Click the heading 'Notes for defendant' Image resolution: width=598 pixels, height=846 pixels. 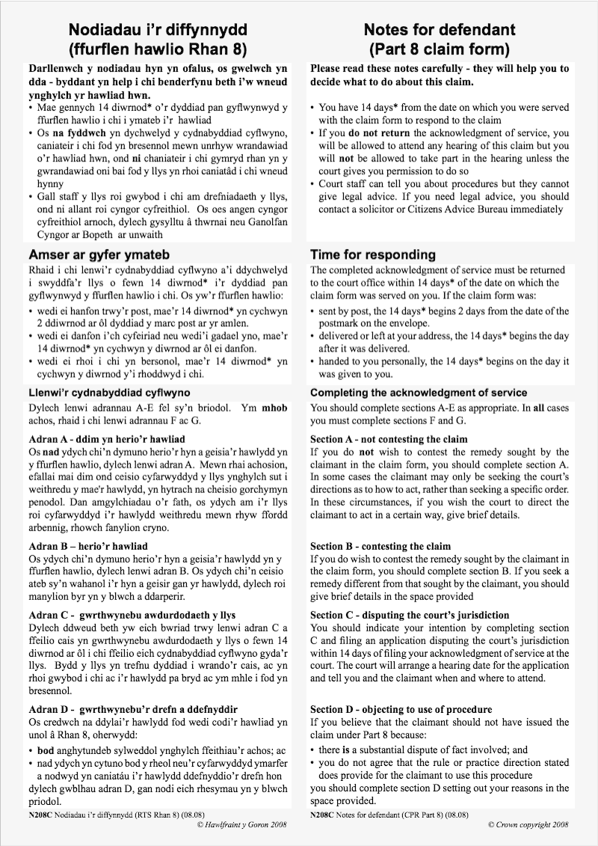(439, 30)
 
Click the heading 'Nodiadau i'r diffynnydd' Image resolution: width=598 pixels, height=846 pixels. (158, 30)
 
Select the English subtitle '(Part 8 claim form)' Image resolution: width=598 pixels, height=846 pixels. (439, 50)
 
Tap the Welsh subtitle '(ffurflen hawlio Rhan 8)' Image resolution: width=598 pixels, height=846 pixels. (158, 50)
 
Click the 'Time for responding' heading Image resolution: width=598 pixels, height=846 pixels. (372, 254)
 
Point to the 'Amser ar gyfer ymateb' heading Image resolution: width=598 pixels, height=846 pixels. (99, 254)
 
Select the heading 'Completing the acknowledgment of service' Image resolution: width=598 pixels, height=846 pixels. (419, 393)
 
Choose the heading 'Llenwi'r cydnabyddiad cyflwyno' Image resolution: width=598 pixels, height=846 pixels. (109, 393)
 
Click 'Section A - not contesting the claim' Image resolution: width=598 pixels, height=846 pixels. (389, 439)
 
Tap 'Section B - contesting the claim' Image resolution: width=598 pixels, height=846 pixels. (380, 546)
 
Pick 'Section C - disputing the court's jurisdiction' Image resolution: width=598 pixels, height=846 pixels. (410, 615)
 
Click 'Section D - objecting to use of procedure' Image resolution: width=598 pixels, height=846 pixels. (401, 709)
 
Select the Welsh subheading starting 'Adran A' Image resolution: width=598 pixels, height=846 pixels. (106, 439)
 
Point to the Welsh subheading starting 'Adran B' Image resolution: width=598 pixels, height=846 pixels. (88, 546)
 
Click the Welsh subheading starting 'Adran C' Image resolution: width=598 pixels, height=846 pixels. (132, 615)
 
